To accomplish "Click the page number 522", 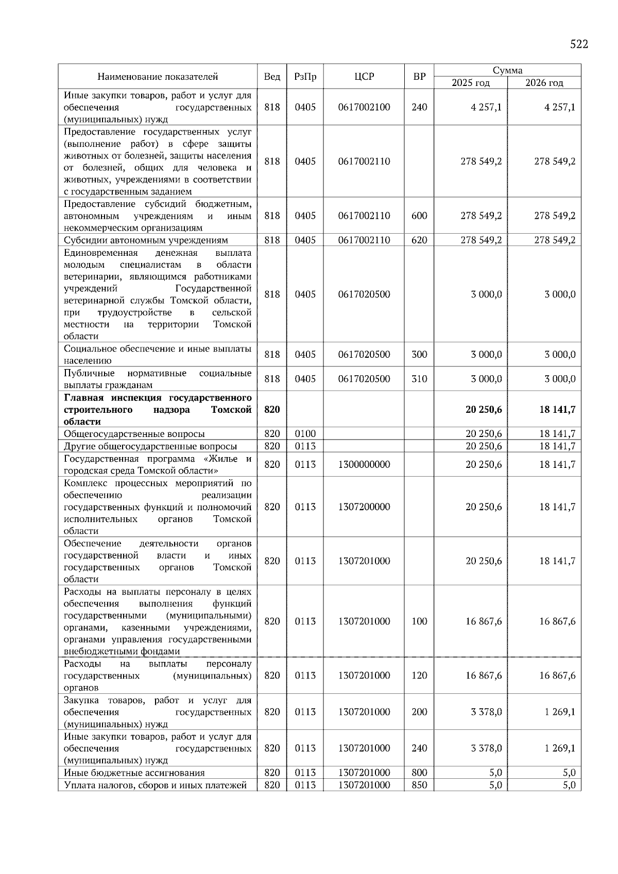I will click(579, 44).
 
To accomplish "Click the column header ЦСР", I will click(364, 77).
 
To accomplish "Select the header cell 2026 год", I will click(544, 83).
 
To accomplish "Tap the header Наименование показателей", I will click(158, 77).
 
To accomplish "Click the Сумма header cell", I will click(507, 71).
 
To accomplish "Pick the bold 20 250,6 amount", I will click(484, 410).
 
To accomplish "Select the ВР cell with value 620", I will click(419, 240).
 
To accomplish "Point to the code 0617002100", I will click(364, 107).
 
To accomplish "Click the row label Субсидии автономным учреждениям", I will click(146, 240).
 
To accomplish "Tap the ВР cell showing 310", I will click(419, 379).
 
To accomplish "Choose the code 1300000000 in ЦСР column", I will click(364, 464).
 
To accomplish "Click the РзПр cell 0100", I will click(305, 434).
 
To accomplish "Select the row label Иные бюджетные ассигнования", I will click(134, 773).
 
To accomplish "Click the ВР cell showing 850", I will click(419, 785).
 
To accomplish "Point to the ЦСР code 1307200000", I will click(364, 507).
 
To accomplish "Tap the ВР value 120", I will click(419, 675).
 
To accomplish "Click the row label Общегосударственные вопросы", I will click(134, 434).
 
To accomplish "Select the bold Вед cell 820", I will click(272, 410).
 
